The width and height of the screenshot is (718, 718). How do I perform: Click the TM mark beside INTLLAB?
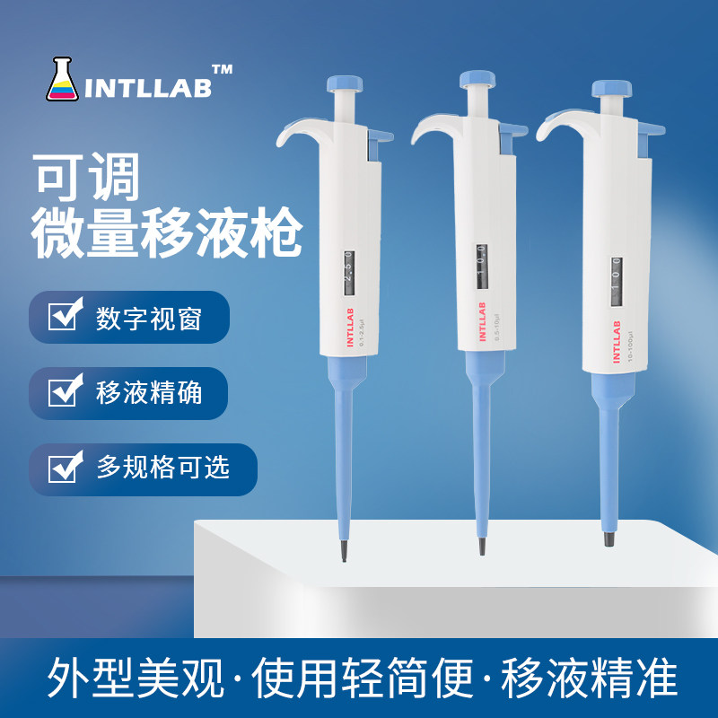click(x=222, y=68)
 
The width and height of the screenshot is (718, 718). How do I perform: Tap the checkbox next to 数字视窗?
click(x=63, y=318)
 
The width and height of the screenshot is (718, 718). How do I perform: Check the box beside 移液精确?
click(x=63, y=392)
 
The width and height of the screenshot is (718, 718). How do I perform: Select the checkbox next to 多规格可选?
click(x=63, y=468)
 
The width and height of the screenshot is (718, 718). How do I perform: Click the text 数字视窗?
click(x=148, y=319)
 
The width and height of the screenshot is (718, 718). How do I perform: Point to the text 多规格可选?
click(x=162, y=468)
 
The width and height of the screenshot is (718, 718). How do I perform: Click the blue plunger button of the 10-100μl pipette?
click(x=612, y=90)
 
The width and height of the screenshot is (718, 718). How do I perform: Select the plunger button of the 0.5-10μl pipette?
click(x=478, y=79)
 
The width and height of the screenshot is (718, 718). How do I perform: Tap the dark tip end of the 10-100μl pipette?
click(x=610, y=538)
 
